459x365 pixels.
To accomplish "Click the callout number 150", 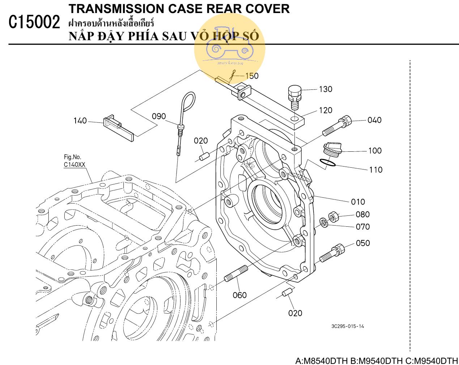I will coord(252,76).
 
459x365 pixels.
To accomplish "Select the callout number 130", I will coord(326,89).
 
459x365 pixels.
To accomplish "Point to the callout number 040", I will coord(374,120).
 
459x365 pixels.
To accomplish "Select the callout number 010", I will coord(358,202).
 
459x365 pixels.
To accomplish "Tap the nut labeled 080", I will coord(333,217).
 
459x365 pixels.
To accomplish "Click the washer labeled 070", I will coord(323,222).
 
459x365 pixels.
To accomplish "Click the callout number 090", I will coord(158,116).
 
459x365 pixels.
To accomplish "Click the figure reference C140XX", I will coord(75,164).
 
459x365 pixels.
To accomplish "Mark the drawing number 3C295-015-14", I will coord(348,326).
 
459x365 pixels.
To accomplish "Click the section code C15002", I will coord(34,23).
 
